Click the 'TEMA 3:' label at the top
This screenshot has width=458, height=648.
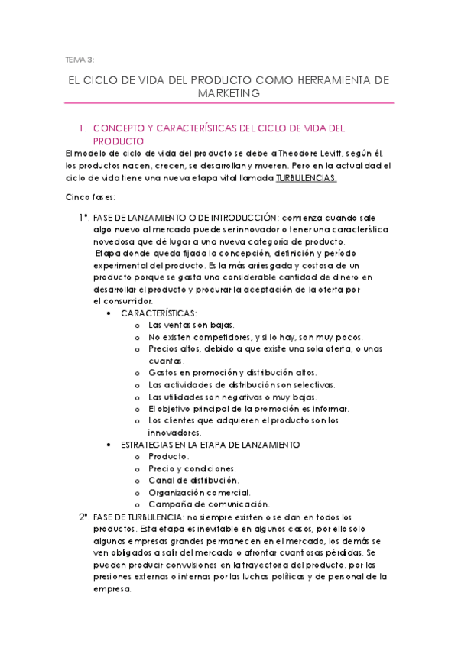[x=80, y=59]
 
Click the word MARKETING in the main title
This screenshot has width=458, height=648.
[x=229, y=92]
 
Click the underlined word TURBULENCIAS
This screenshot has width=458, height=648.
[x=306, y=178]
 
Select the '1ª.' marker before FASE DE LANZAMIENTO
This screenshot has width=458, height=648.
[x=85, y=218]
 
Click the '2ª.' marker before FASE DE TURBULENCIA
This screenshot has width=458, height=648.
[x=85, y=517]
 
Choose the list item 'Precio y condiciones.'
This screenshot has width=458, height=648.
[x=192, y=468]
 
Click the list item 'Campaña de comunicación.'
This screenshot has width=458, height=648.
[x=209, y=504]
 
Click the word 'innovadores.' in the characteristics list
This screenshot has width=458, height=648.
[x=174, y=433]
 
